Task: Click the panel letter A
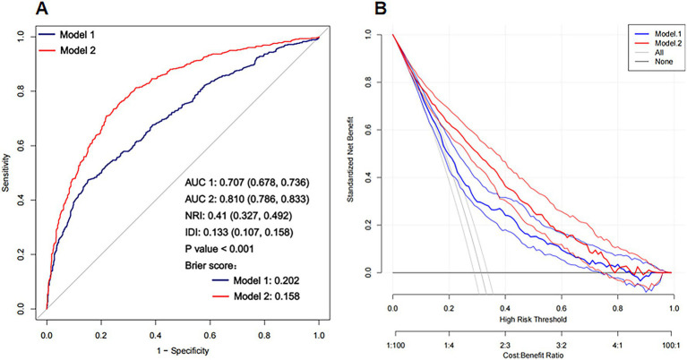41,8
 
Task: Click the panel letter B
381,8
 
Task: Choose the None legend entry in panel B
653,61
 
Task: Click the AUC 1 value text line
247,182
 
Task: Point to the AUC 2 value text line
247,200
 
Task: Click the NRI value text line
238,216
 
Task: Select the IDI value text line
239,232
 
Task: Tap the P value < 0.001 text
219,249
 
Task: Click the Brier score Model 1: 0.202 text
255,280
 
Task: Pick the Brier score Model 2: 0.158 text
255,296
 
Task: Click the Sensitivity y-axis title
5,172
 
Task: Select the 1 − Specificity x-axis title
183,351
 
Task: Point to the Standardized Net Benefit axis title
350,159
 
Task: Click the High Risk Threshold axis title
533,320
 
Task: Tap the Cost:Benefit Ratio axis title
533,356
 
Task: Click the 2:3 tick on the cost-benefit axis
505,345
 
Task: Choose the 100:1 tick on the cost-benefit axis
670,345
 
